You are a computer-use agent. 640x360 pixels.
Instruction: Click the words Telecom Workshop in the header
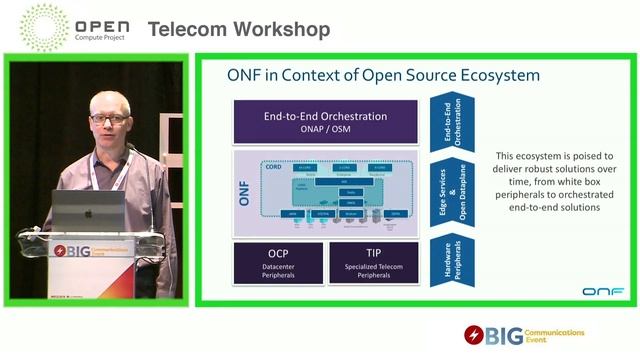(239, 30)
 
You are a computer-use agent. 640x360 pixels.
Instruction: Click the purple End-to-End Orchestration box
(325, 121)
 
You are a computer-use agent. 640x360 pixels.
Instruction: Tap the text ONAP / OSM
(325, 129)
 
